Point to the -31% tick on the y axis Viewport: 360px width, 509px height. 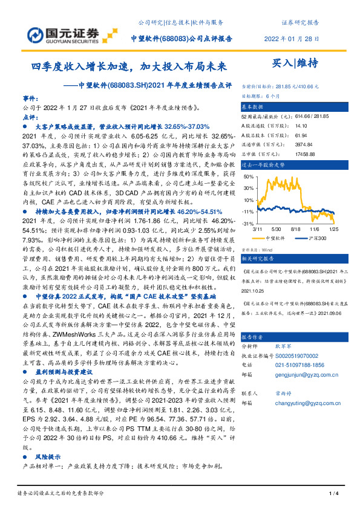click(248, 224)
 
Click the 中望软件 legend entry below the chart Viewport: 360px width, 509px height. click(275, 239)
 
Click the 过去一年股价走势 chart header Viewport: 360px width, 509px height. click(264, 164)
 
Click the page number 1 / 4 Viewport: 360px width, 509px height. click(332, 494)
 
